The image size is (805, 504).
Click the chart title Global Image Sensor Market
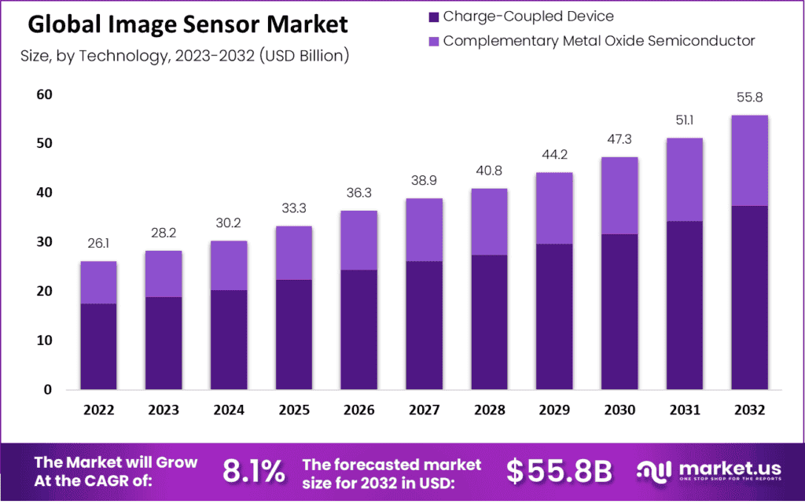click(x=187, y=25)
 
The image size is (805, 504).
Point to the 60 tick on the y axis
click(x=43, y=95)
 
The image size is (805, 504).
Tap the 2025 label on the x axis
click(x=294, y=410)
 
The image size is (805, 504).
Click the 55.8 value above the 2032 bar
click(x=748, y=98)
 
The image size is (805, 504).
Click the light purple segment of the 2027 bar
click(x=424, y=230)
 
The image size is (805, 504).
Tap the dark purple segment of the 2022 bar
click(x=98, y=346)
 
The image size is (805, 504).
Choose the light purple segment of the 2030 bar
click(x=619, y=196)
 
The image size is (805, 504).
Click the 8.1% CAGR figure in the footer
click(x=254, y=471)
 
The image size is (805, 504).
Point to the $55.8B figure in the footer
click(x=559, y=471)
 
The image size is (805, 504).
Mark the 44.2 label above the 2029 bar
click(x=553, y=156)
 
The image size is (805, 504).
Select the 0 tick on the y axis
click(x=48, y=390)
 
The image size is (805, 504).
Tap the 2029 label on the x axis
click(x=553, y=410)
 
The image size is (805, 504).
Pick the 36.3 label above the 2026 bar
click(x=358, y=194)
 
